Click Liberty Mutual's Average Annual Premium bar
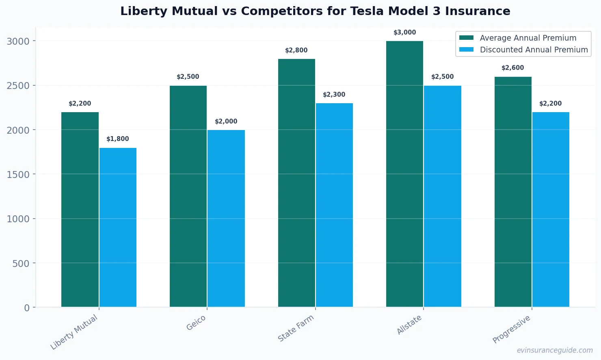(80, 209)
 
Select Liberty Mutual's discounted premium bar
(118, 227)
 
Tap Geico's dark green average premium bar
(188, 196)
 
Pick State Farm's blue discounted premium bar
(334, 205)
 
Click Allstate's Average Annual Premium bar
(404, 174)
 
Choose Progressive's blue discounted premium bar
(551, 209)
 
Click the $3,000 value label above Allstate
(404, 33)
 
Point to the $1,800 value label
(118, 139)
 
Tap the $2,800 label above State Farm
(296, 50)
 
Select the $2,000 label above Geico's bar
(226, 121)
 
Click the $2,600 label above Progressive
(512, 68)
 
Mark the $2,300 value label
(334, 95)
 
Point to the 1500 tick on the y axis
(18, 174)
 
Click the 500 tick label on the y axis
(21, 263)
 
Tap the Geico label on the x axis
(196, 323)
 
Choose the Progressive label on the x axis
(511, 329)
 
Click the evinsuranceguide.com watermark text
(555, 350)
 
